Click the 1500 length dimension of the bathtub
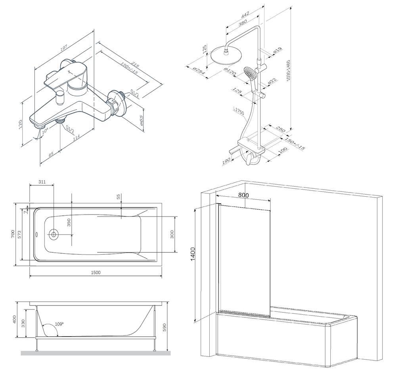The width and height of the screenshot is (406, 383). point(96,273)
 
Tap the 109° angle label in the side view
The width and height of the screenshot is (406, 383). point(59,324)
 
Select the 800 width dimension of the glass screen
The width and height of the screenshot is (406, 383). point(244,195)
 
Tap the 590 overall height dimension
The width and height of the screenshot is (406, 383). point(164,327)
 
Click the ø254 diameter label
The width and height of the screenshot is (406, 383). point(199,72)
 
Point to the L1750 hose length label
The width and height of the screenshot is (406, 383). point(239,112)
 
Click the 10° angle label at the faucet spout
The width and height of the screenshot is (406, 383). point(45,131)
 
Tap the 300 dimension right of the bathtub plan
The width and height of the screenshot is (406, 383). point(172,234)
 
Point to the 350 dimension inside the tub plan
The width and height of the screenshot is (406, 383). point(69,222)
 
